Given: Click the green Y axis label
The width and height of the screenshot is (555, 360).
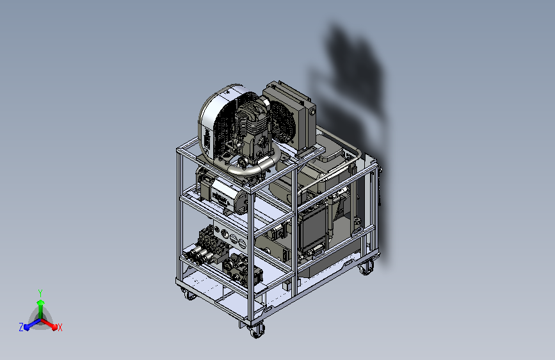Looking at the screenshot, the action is [x=40, y=293].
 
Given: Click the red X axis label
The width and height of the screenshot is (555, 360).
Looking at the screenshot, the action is [x=60, y=327].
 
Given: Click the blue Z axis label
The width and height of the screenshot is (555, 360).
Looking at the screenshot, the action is [x=21, y=327].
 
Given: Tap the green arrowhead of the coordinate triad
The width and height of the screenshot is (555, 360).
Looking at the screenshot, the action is [x=40, y=302].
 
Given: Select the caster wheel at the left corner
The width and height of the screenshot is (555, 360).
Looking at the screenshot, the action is [x=189, y=294].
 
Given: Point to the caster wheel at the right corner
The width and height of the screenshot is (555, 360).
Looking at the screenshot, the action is [x=366, y=268].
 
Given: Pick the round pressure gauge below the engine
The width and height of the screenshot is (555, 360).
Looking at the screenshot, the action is [x=243, y=163].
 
